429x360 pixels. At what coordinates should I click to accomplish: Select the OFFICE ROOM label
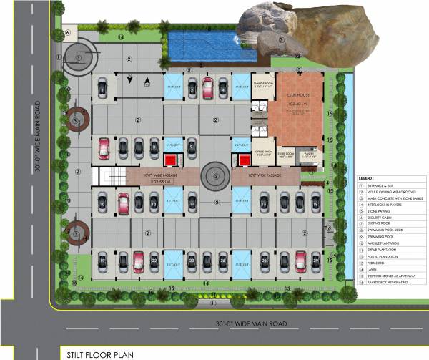[262, 153]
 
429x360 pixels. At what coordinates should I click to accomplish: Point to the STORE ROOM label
[287, 153]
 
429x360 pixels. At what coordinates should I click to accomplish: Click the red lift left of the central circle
[172, 159]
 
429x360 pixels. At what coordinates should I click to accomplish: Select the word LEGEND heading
[368, 176]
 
